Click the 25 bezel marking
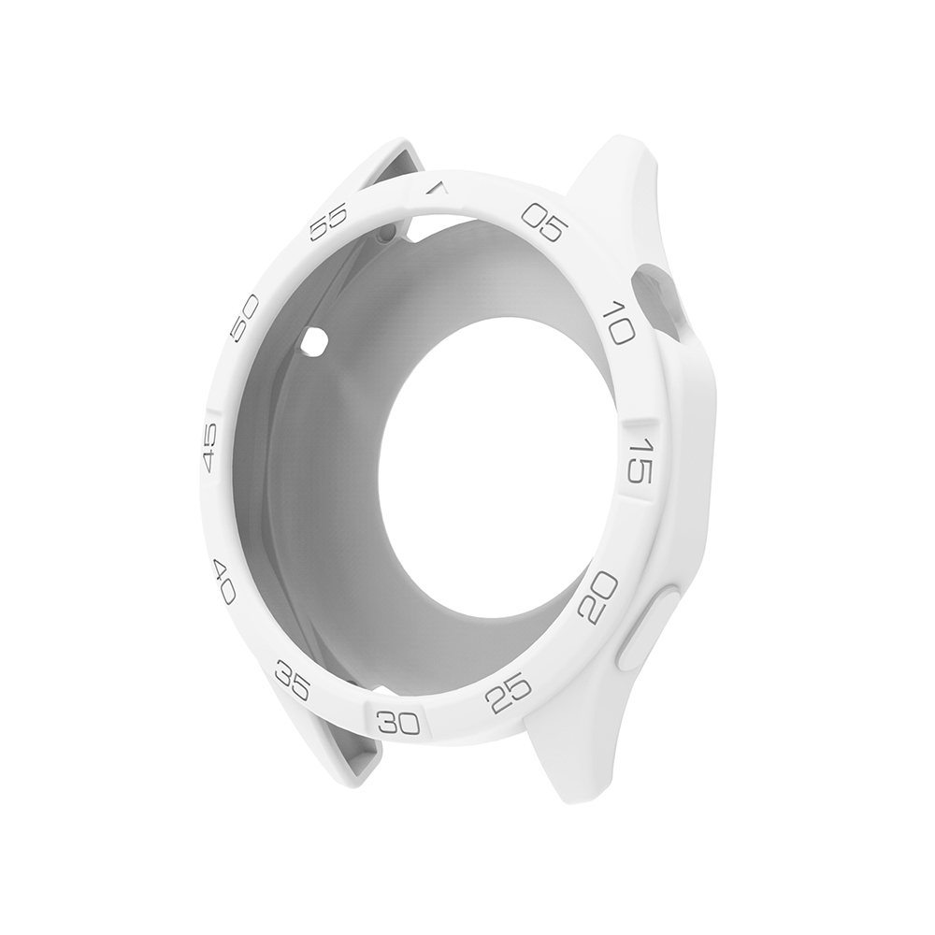[x=510, y=693]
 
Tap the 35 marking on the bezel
[x=293, y=681]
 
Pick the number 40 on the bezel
[x=224, y=581]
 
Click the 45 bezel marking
[x=209, y=446]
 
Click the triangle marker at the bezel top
[x=436, y=189]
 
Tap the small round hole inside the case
[x=314, y=340]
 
